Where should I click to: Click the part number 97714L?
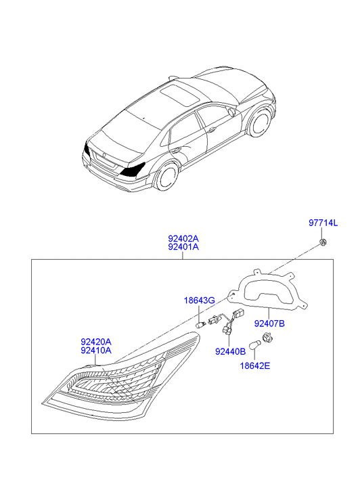click(323, 223)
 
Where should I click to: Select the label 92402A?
click(183, 238)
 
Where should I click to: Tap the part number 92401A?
click(183, 247)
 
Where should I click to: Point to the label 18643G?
click(200, 300)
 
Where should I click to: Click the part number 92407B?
click(269, 323)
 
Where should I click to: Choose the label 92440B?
click(230, 352)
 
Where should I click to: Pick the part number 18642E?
click(255, 365)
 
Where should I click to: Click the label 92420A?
click(96, 342)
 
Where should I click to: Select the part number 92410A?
click(96, 351)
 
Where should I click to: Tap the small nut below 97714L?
click(321, 242)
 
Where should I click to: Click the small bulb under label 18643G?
click(200, 325)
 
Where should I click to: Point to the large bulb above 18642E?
click(254, 345)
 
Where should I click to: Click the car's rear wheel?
click(167, 176)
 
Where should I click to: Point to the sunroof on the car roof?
click(179, 94)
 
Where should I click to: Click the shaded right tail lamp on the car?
click(133, 169)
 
